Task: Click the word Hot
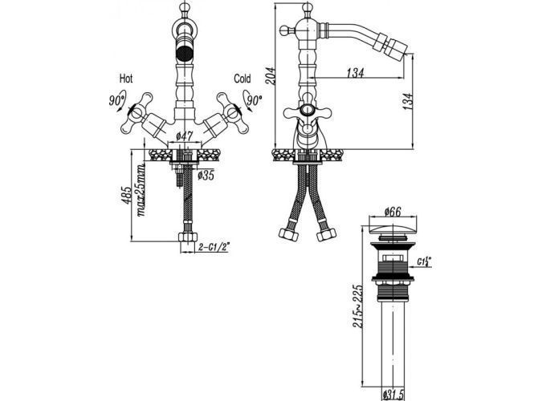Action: pyautogui.click(x=126, y=79)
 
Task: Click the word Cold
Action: pyautogui.click(x=242, y=79)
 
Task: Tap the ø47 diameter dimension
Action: pyautogui.click(x=184, y=136)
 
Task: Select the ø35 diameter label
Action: pyautogui.click(x=206, y=176)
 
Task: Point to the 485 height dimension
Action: pyautogui.click(x=127, y=195)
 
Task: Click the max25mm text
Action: pyautogui.click(x=141, y=190)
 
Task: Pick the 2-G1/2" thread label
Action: pyautogui.click(x=214, y=246)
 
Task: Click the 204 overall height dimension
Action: pyautogui.click(x=271, y=75)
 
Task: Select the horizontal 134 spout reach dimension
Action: pyautogui.click(x=356, y=73)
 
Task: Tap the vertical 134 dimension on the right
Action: pyautogui.click(x=408, y=101)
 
